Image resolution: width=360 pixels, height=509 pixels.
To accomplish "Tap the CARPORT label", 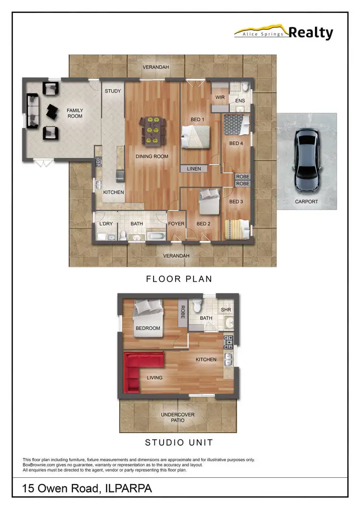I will [306, 201].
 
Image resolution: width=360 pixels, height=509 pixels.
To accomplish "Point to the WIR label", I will [220, 97].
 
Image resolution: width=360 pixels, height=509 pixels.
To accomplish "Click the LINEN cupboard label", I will [194, 169].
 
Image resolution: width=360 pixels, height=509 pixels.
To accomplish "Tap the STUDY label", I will [113, 91].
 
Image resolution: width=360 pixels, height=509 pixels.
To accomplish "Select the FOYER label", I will [176, 224].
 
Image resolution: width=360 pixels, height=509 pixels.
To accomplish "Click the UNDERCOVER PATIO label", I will [179, 417].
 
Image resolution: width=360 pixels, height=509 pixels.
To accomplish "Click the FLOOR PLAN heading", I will [179, 279].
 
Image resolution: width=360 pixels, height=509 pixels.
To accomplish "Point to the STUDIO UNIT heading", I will [179, 442].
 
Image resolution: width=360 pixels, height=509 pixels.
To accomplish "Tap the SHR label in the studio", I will [226, 310].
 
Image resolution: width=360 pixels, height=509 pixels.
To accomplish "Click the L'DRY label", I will [106, 224].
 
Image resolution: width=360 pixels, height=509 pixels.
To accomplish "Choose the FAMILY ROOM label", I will [75, 113].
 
